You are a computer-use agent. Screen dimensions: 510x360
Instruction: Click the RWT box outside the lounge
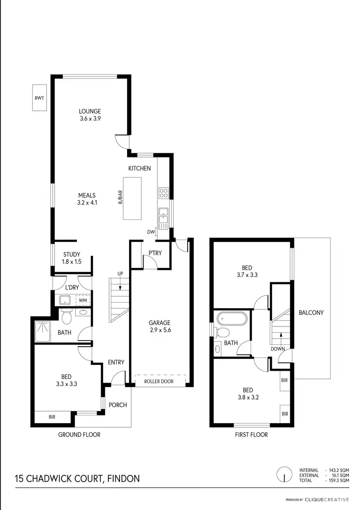[39, 98]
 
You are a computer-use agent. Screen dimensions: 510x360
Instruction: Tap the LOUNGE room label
[90, 111]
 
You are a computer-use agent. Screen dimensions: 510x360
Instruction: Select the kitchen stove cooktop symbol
[164, 193]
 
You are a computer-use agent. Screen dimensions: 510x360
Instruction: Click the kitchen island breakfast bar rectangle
[132, 198]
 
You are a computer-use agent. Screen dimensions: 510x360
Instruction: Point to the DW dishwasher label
[151, 232]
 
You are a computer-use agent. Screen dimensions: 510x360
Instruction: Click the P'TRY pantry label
[155, 253]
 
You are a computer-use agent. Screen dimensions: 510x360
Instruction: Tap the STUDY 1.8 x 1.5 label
[72, 258]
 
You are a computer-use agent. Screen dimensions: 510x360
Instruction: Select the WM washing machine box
[83, 301]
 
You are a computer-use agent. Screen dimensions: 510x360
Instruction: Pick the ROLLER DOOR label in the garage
[160, 381]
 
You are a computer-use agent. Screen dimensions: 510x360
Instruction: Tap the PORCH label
[118, 405]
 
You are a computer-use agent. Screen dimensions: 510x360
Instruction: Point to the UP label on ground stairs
[120, 274]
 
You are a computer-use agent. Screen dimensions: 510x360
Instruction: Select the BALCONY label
[311, 313]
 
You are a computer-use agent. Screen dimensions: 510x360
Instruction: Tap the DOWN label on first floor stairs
[278, 349]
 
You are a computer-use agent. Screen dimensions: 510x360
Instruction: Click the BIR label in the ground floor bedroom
[52, 417]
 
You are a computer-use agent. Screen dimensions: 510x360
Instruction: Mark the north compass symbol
[285, 475]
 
